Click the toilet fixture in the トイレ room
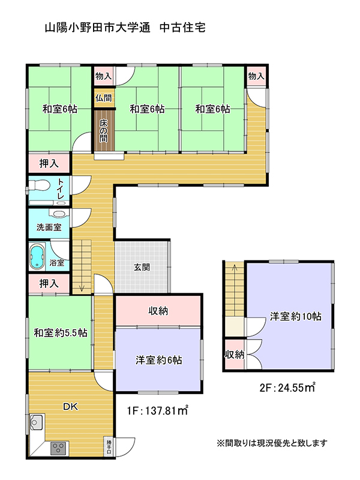[39, 185]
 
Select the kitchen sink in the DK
[36, 422]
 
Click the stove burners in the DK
[58, 448]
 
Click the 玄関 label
[142, 267]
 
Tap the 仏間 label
[103, 98]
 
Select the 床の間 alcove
[104, 130]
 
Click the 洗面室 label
[49, 227]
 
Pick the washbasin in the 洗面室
[58, 214]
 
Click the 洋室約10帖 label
[295, 317]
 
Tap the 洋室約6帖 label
[158, 360]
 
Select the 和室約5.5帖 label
[61, 333]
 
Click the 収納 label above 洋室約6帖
[158, 311]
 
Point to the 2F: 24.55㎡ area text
[287, 388]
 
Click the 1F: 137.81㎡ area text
[157, 410]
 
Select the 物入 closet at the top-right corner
[256, 76]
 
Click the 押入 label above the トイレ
[49, 163]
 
